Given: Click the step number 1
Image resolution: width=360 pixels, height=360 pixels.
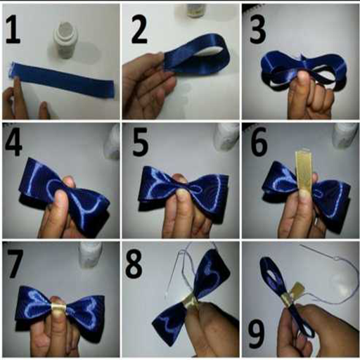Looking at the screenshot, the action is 13,30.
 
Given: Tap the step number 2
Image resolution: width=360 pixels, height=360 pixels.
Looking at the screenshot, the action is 139,30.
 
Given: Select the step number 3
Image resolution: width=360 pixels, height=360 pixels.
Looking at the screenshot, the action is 258,30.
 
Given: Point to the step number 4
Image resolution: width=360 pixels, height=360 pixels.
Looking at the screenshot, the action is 13,142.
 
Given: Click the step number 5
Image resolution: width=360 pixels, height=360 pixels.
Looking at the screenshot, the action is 140,142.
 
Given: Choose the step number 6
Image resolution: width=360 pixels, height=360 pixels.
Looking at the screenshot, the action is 259,142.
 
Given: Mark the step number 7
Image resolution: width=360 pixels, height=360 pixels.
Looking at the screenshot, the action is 15,264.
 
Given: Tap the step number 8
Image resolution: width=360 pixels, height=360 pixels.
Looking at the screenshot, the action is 134,264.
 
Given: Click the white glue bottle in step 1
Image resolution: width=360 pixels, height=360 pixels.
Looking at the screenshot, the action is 65,40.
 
